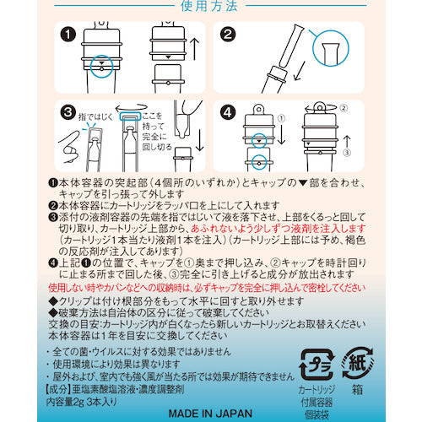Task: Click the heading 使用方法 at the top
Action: [210, 7]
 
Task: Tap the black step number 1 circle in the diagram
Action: [69, 35]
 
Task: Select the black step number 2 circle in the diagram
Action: [228, 35]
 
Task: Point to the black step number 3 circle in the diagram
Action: [69, 112]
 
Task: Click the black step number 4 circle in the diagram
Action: [228, 112]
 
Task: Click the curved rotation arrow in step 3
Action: [134, 118]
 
